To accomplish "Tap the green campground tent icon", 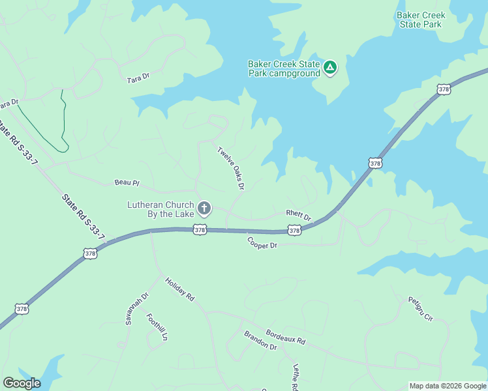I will (x=330, y=67).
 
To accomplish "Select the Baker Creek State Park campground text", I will (x=284, y=68).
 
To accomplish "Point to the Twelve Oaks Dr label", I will (x=230, y=168).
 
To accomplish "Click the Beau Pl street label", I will (x=127, y=183).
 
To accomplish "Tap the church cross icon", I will (x=204, y=209).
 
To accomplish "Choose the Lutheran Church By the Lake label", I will (x=160, y=209).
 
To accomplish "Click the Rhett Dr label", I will (x=299, y=214).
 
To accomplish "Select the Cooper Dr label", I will (x=262, y=242).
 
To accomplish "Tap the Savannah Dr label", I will (x=138, y=308).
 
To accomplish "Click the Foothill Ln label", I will (x=157, y=328).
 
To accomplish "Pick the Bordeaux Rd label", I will (x=285, y=336).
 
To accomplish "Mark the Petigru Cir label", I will (x=421, y=308).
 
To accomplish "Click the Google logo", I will (x=22, y=383).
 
